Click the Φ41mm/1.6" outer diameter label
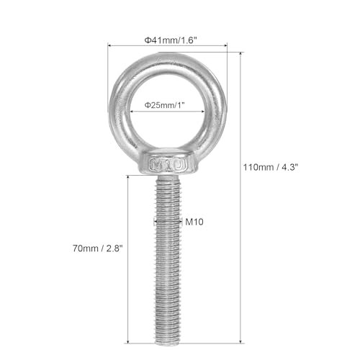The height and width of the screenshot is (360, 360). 167,40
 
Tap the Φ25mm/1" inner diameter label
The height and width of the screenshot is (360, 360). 167,105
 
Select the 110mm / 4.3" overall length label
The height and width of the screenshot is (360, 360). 270,167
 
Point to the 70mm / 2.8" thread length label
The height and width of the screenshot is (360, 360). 102,249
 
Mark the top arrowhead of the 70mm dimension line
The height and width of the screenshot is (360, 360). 128,177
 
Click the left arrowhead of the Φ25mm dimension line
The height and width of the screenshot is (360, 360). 132,112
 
